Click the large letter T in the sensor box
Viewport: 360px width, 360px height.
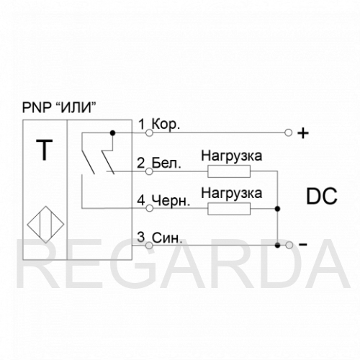tap(45, 150)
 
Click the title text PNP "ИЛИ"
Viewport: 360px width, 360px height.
tap(59, 107)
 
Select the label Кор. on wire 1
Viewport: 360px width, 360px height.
tap(166, 124)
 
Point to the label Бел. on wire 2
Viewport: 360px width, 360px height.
tap(166, 163)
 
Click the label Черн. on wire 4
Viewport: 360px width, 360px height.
tap(171, 200)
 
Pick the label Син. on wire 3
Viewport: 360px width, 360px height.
tap(167, 238)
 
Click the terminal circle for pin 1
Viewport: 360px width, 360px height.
tap(149, 132)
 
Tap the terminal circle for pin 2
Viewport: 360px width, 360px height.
tap(149, 171)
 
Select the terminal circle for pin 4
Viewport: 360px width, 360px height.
tap(149, 208)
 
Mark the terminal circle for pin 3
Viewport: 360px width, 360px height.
tap(149, 246)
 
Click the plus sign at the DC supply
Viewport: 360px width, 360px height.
tap(303, 133)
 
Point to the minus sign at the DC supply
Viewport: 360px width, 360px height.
tap(303, 245)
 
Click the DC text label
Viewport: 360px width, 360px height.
tap(322, 197)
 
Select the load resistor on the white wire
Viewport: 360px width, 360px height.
tap(229, 171)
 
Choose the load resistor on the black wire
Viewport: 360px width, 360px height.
tap(229, 209)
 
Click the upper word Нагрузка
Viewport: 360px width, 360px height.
tap(232, 156)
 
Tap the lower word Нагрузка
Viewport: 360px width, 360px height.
tap(232, 194)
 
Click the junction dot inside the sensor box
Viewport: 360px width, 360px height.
tap(112, 132)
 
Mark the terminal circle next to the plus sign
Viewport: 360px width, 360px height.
tap(288, 132)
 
